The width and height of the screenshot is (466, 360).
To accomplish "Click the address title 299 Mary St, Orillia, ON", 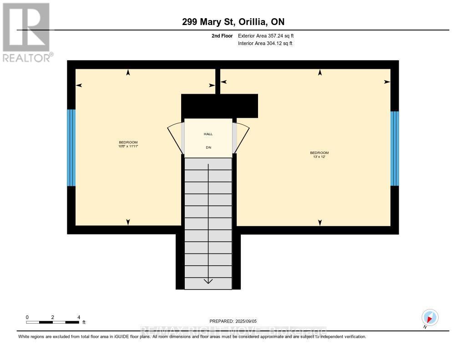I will coord(233,22).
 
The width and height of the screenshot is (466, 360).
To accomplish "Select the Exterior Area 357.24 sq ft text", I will coord(269,35).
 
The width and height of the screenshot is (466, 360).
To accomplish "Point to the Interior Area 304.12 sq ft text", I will coord(265,43).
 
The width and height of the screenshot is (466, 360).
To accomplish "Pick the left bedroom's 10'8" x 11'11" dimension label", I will coord(128,146).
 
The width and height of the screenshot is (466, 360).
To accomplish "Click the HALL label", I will coord(208,134).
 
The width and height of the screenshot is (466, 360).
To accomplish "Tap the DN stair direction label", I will coord(208,147).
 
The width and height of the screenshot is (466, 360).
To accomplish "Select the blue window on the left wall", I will coord(71,148).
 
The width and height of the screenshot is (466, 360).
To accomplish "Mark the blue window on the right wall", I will coord(395,148).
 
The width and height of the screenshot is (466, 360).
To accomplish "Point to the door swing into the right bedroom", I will coord(242,137).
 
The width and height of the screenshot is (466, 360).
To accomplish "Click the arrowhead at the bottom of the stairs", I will coord(208,281).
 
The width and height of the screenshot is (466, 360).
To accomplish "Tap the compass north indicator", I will coord(430,318).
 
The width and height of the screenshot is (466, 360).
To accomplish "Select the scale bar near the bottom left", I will coord(52,322).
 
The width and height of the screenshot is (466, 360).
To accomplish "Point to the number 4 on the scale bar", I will coord(79,317).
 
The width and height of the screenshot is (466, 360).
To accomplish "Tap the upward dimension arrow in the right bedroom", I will coord(320,72).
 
